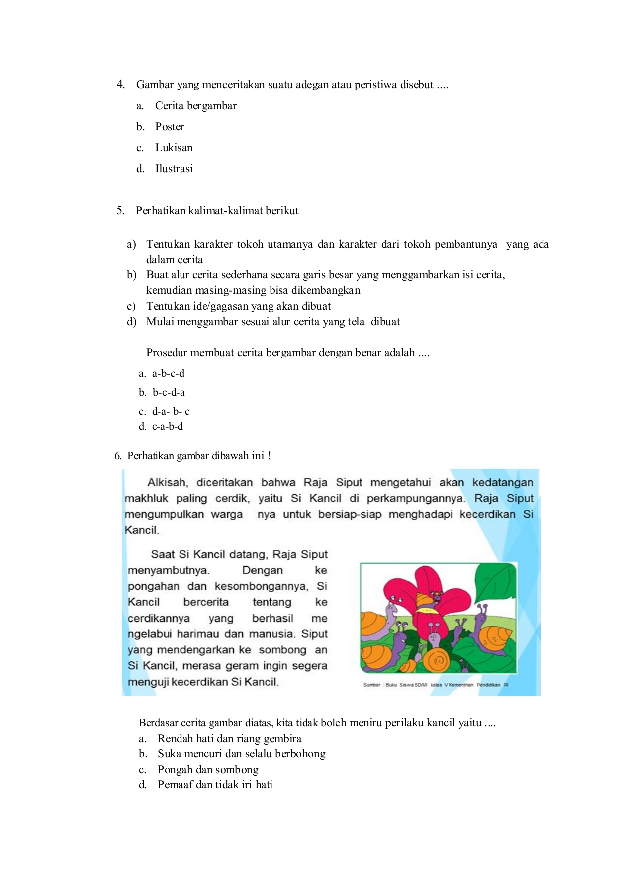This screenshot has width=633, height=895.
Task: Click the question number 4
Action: (120, 84)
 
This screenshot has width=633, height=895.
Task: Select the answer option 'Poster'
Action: (169, 127)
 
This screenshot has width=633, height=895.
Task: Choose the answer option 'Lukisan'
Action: (174, 148)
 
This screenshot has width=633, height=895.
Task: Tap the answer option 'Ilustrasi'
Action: (174, 169)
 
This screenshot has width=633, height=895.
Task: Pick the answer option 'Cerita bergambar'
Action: (195, 106)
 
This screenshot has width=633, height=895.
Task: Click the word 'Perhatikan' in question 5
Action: (161, 211)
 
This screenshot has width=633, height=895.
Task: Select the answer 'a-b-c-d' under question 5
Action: (168, 373)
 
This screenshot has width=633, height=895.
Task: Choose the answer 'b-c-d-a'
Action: (169, 392)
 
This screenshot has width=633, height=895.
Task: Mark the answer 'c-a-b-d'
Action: (168, 426)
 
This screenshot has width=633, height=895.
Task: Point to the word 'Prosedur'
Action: (167, 353)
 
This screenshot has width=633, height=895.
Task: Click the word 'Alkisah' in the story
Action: (167, 482)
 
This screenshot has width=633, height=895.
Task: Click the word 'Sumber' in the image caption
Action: (371, 685)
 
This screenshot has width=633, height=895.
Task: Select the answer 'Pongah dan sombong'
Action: (208, 770)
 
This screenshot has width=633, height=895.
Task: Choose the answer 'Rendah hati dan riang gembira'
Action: (229, 739)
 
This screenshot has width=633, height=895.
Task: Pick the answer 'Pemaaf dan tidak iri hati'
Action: (215, 785)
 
